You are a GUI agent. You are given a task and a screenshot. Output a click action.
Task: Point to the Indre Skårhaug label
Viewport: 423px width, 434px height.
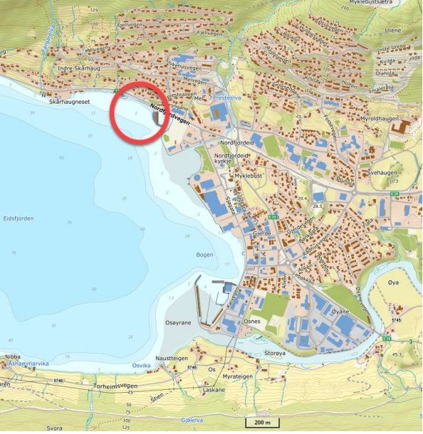tap(75, 68)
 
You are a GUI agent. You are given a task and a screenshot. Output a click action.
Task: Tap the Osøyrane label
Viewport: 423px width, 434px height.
tap(179, 322)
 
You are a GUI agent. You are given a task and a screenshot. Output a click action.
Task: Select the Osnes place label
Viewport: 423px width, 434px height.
tap(252, 322)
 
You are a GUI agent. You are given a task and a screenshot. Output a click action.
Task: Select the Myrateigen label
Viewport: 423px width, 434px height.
tap(239, 376)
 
